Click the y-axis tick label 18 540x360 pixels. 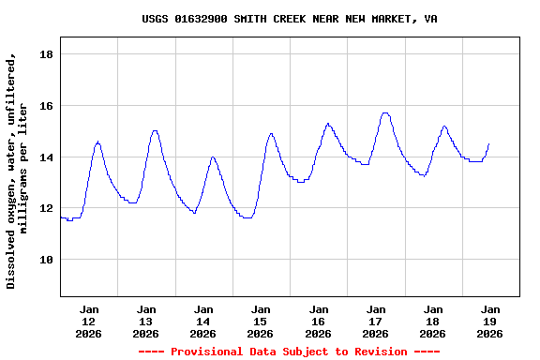tap(45, 54)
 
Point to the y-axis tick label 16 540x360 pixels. tap(45, 106)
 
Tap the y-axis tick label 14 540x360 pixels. tap(45, 157)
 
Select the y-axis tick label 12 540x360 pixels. tap(45, 208)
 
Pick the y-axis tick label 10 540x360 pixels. tap(45, 260)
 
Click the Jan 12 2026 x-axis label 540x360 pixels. tap(89, 321)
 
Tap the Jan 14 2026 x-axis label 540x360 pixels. tap(203, 321)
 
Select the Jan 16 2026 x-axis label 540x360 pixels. tap(318, 321)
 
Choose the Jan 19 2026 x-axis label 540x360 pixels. tap(489, 321)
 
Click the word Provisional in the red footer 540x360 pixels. tap(208, 352)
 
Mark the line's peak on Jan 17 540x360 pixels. tap(384, 112)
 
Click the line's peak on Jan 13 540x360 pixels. tap(155, 130)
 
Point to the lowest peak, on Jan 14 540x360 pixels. tap(213, 157)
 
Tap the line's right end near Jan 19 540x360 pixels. tap(488, 143)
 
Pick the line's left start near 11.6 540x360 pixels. tap(61, 217)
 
